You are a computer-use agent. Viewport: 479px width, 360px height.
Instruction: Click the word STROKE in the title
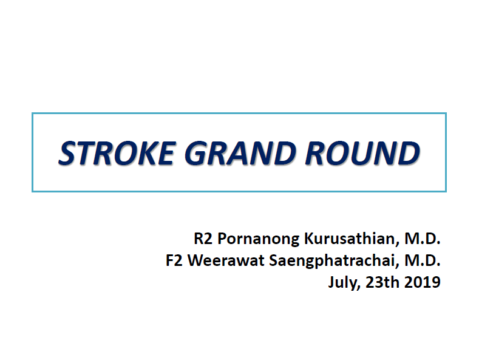(117, 153)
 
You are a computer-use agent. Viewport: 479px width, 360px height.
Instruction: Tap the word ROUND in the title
(362, 153)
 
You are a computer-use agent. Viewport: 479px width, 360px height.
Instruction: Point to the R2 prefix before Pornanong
(203, 239)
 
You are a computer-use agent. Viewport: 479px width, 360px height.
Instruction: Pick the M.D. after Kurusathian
(423, 239)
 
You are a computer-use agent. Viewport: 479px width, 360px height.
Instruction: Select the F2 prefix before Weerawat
(174, 260)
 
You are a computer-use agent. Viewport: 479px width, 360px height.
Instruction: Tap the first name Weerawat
(226, 260)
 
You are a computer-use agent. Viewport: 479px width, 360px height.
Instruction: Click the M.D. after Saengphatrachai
(423, 260)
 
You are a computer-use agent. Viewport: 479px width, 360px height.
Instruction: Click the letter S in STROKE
(68, 153)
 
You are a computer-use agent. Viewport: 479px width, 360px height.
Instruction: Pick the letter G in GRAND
(196, 153)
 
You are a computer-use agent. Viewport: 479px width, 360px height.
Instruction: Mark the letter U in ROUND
(361, 153)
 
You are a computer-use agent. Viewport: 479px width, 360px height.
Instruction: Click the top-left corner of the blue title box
(32, 114)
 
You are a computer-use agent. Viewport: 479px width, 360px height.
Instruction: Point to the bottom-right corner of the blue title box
(446, 191)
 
